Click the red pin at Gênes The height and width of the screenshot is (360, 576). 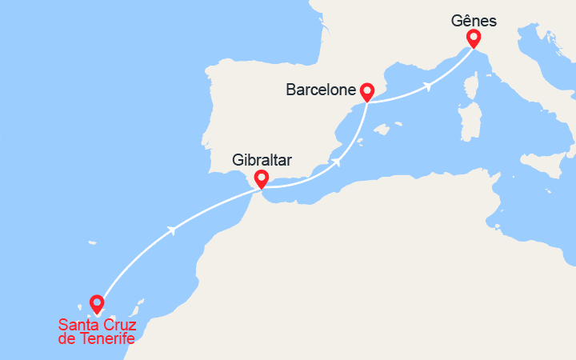[x=473, y=38]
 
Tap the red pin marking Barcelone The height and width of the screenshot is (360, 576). [x=367, y=91]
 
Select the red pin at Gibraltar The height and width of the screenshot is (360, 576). [x=260, y=178]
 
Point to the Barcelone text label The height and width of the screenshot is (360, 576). [x=320, y=90]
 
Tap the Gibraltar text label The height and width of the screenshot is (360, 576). [x=262, y=160]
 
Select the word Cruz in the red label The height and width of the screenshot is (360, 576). [x=119, y=325]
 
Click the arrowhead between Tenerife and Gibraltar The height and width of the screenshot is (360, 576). [x=171, y=230]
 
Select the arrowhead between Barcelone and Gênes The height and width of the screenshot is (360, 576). [x=430, y=85]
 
